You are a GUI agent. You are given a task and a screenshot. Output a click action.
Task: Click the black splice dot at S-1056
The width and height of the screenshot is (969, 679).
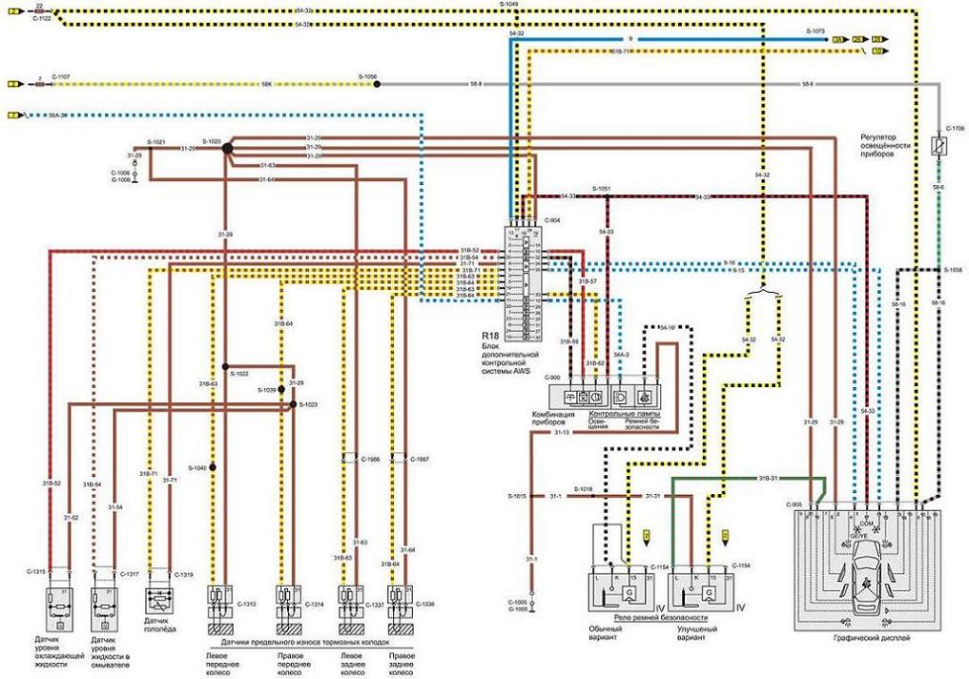click(x=378, y=84)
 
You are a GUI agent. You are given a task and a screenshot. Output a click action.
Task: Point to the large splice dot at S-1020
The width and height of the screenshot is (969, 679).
click(x=226, y=148)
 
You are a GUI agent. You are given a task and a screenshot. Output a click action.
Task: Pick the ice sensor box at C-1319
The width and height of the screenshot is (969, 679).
click(x=157, y=601)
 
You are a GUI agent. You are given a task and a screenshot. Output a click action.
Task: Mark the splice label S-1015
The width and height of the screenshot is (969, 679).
click(x=516, y=497)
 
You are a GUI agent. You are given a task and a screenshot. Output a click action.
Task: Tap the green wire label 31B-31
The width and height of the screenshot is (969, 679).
click(x=768, y=478)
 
